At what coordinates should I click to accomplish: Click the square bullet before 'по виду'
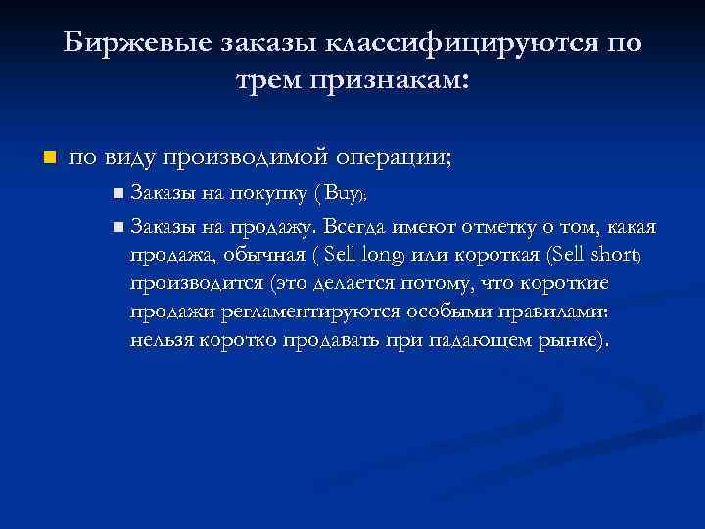click(49, 157)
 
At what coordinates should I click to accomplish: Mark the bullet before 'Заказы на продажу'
click(118, 228)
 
